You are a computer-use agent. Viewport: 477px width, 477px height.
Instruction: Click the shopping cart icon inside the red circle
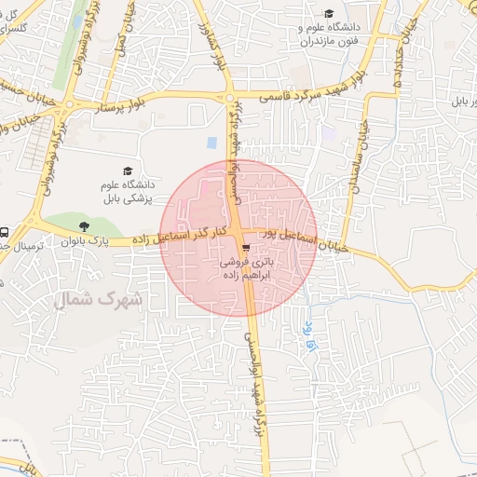coord(244,249)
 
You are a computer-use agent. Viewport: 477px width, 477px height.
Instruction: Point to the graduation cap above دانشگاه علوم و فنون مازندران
coord(328,14)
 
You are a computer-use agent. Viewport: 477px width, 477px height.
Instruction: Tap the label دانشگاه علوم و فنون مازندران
coord(331,35)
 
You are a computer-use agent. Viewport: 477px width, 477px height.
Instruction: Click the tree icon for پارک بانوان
coord(86,225)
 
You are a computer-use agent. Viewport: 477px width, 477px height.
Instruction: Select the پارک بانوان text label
coord(86,242)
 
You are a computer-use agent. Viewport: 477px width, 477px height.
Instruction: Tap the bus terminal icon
coord(5,232)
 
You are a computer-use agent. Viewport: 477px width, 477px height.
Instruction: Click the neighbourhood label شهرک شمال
coord(99,299)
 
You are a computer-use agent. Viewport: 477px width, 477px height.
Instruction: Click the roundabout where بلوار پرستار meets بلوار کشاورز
coord(229,98)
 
